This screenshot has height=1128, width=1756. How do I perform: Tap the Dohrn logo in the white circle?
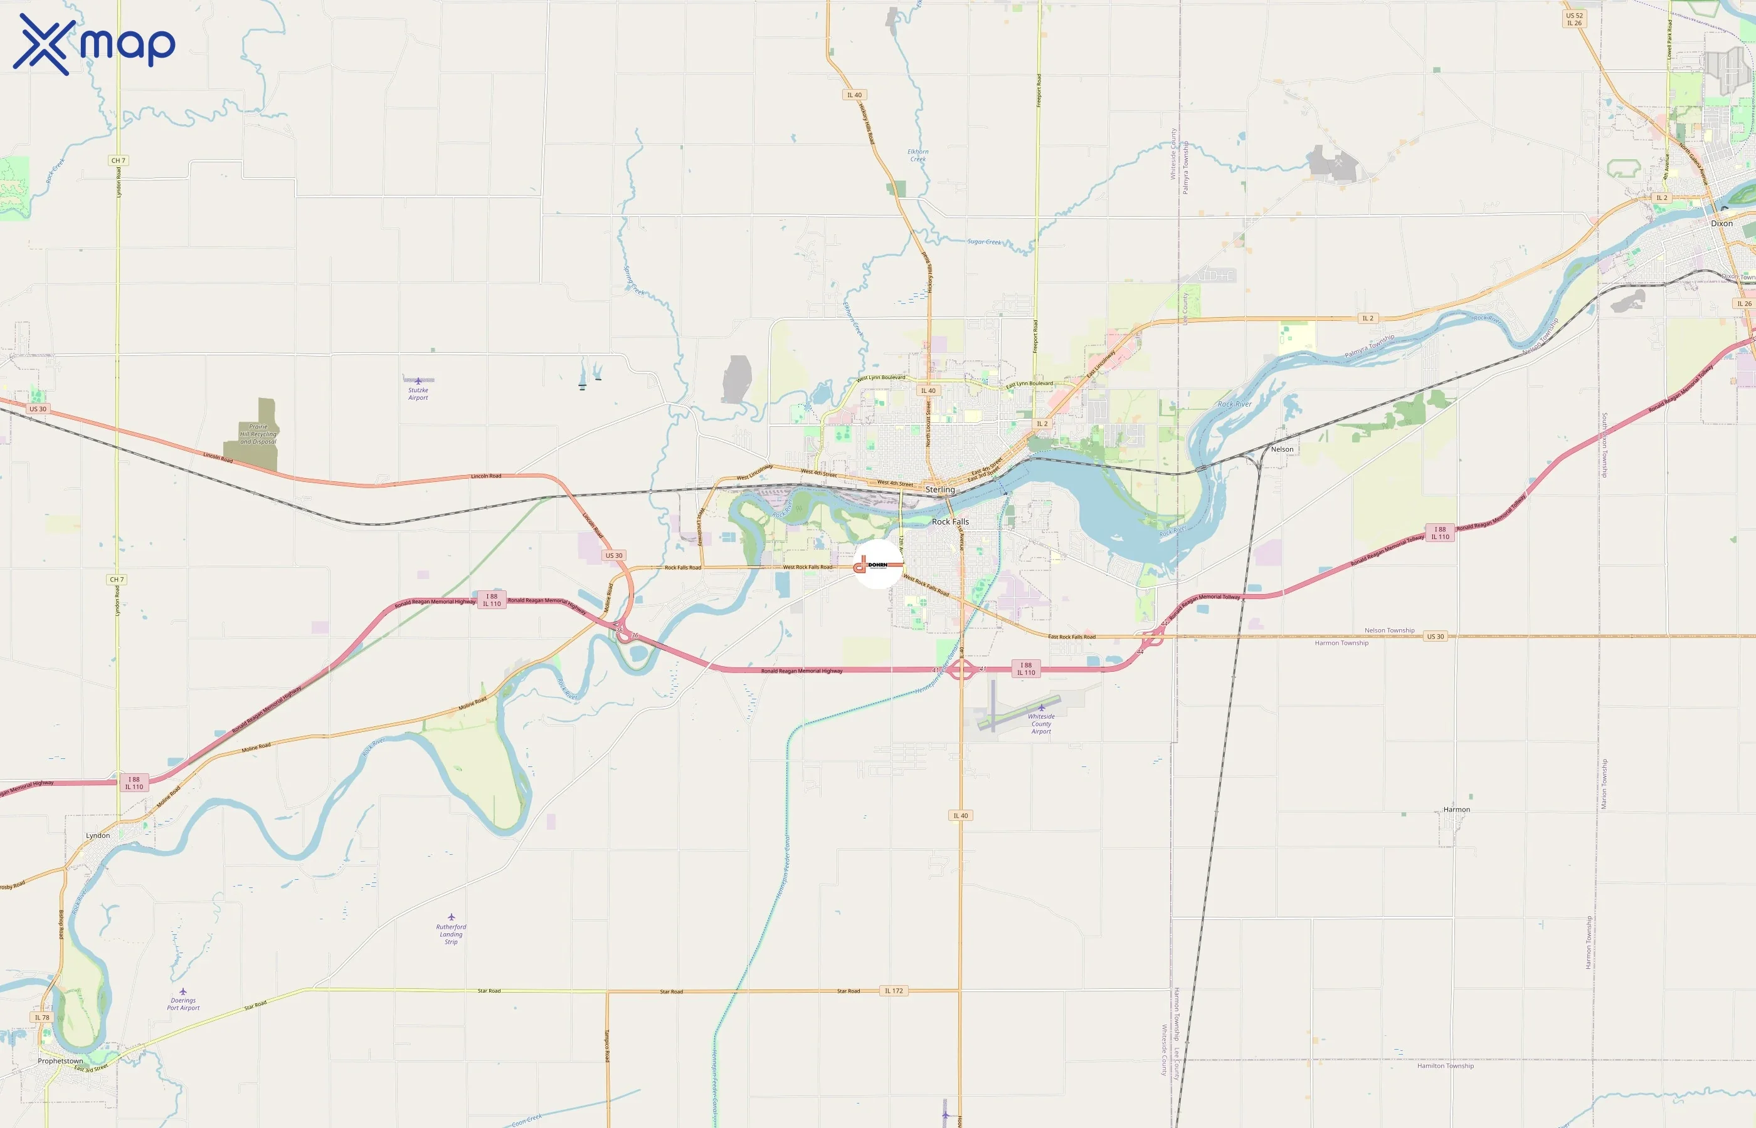[878, 565]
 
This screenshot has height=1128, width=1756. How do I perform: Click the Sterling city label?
[939, 489]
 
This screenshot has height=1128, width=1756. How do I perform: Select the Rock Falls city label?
[950, 521]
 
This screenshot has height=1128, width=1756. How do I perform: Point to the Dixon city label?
[1722, 223]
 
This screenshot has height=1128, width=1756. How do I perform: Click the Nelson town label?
[1282, 449]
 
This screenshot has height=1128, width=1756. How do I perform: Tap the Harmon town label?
[1456, 810]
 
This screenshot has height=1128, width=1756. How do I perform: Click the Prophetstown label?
[60, 1060]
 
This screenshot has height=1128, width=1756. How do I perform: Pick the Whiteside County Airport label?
[1040, 724]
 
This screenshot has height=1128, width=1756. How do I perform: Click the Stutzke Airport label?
[418, 394]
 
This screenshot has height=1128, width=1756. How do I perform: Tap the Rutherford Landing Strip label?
[451, 934]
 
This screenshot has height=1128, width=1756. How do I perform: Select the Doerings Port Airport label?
[182, 1003]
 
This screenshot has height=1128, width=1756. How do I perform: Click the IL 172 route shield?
[894, 991]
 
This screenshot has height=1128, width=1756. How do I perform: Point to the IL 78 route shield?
[42, 1018]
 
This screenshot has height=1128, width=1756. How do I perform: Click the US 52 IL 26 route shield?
[1574, 19]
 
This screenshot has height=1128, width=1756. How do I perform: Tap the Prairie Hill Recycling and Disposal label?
[258, 434]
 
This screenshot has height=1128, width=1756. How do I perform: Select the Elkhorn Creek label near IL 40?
[918, 155]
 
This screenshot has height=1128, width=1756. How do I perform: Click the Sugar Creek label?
[983, 242]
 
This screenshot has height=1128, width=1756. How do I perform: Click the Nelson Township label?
[1389, 630]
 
